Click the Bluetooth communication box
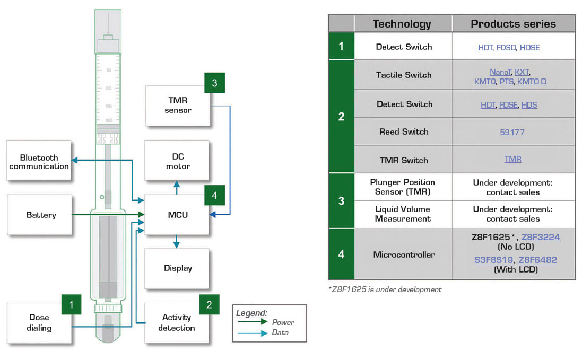[39, 162]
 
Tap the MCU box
[177, 215]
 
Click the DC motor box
[177, 162]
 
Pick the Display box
[177, 268]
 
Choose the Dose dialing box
[39, 322]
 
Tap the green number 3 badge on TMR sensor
[214, 83]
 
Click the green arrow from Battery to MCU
[106, 215]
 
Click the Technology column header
[402, 24]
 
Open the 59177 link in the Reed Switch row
[512, 132]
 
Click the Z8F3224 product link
[541, 237]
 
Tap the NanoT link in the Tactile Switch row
[500, 72]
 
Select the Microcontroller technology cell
[403, 254]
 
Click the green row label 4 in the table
[341, 254]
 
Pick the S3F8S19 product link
[493, 260]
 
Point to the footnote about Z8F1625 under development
[385, 289]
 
